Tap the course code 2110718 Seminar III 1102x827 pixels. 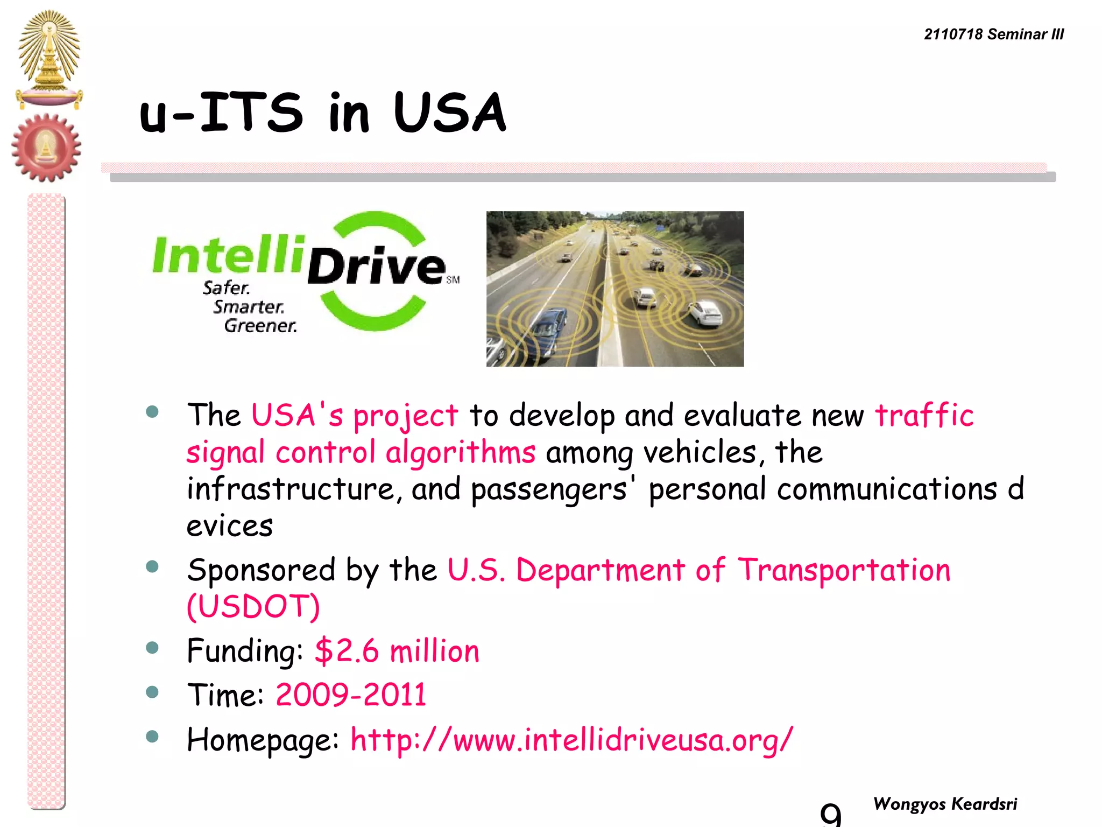pyautogui.click(x=993, y=34)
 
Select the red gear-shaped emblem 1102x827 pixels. pyautogui.click(x=46, y=147)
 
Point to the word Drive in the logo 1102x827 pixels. pyautogui.click(x=376, y=267)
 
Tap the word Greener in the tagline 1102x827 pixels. pyautogui.click(x=260, y=326)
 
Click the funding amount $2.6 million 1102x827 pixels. pyautogui.click(x=397, y=650)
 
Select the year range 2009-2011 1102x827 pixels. pyautogui.click(x=351, y=695)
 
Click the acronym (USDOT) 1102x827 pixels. pyautogui.click(x=253, y=607)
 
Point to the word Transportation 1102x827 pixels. pyautogui.click(x=843, y=570)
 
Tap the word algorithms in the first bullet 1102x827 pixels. pyautogui.click(x=460, y=452)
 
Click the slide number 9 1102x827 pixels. pyautogui.click(x=830, y=814)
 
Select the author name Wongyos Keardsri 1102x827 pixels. pyautogui.click(x=945, y=804)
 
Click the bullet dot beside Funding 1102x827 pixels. pyautogui.click(x=152, y=647)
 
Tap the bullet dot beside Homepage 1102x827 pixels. pyautogui.click(x=152, y=736)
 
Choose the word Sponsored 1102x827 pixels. pyautogui.click(x=261, y=570)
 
